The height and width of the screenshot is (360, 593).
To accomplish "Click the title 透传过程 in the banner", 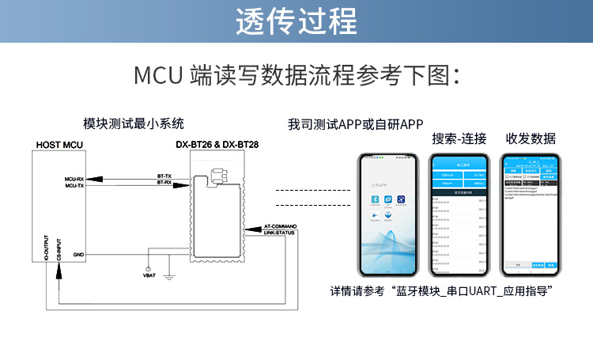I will pyautogui.click(x=296, y=21).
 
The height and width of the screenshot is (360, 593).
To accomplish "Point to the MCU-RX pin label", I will pyautogui.click(x=74, y=179).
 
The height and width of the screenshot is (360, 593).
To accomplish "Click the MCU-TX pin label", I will pyautogui.click(x=74, y=185).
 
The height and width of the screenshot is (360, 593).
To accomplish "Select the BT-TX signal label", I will pyautogui.click(x=164, y=176).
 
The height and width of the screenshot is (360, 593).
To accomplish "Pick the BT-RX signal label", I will pyautogui.click(x=164, y=183).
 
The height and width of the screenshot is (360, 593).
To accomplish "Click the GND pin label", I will pyautogui.click(x=78, y=255).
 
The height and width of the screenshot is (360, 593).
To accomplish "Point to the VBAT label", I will pyautogui.click(x=149, y=275).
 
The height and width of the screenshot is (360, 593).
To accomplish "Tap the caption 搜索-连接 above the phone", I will pyautogui.click(x=459, y=138).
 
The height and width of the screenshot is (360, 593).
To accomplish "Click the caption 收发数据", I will pyautogui.click(x=531, y=138).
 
